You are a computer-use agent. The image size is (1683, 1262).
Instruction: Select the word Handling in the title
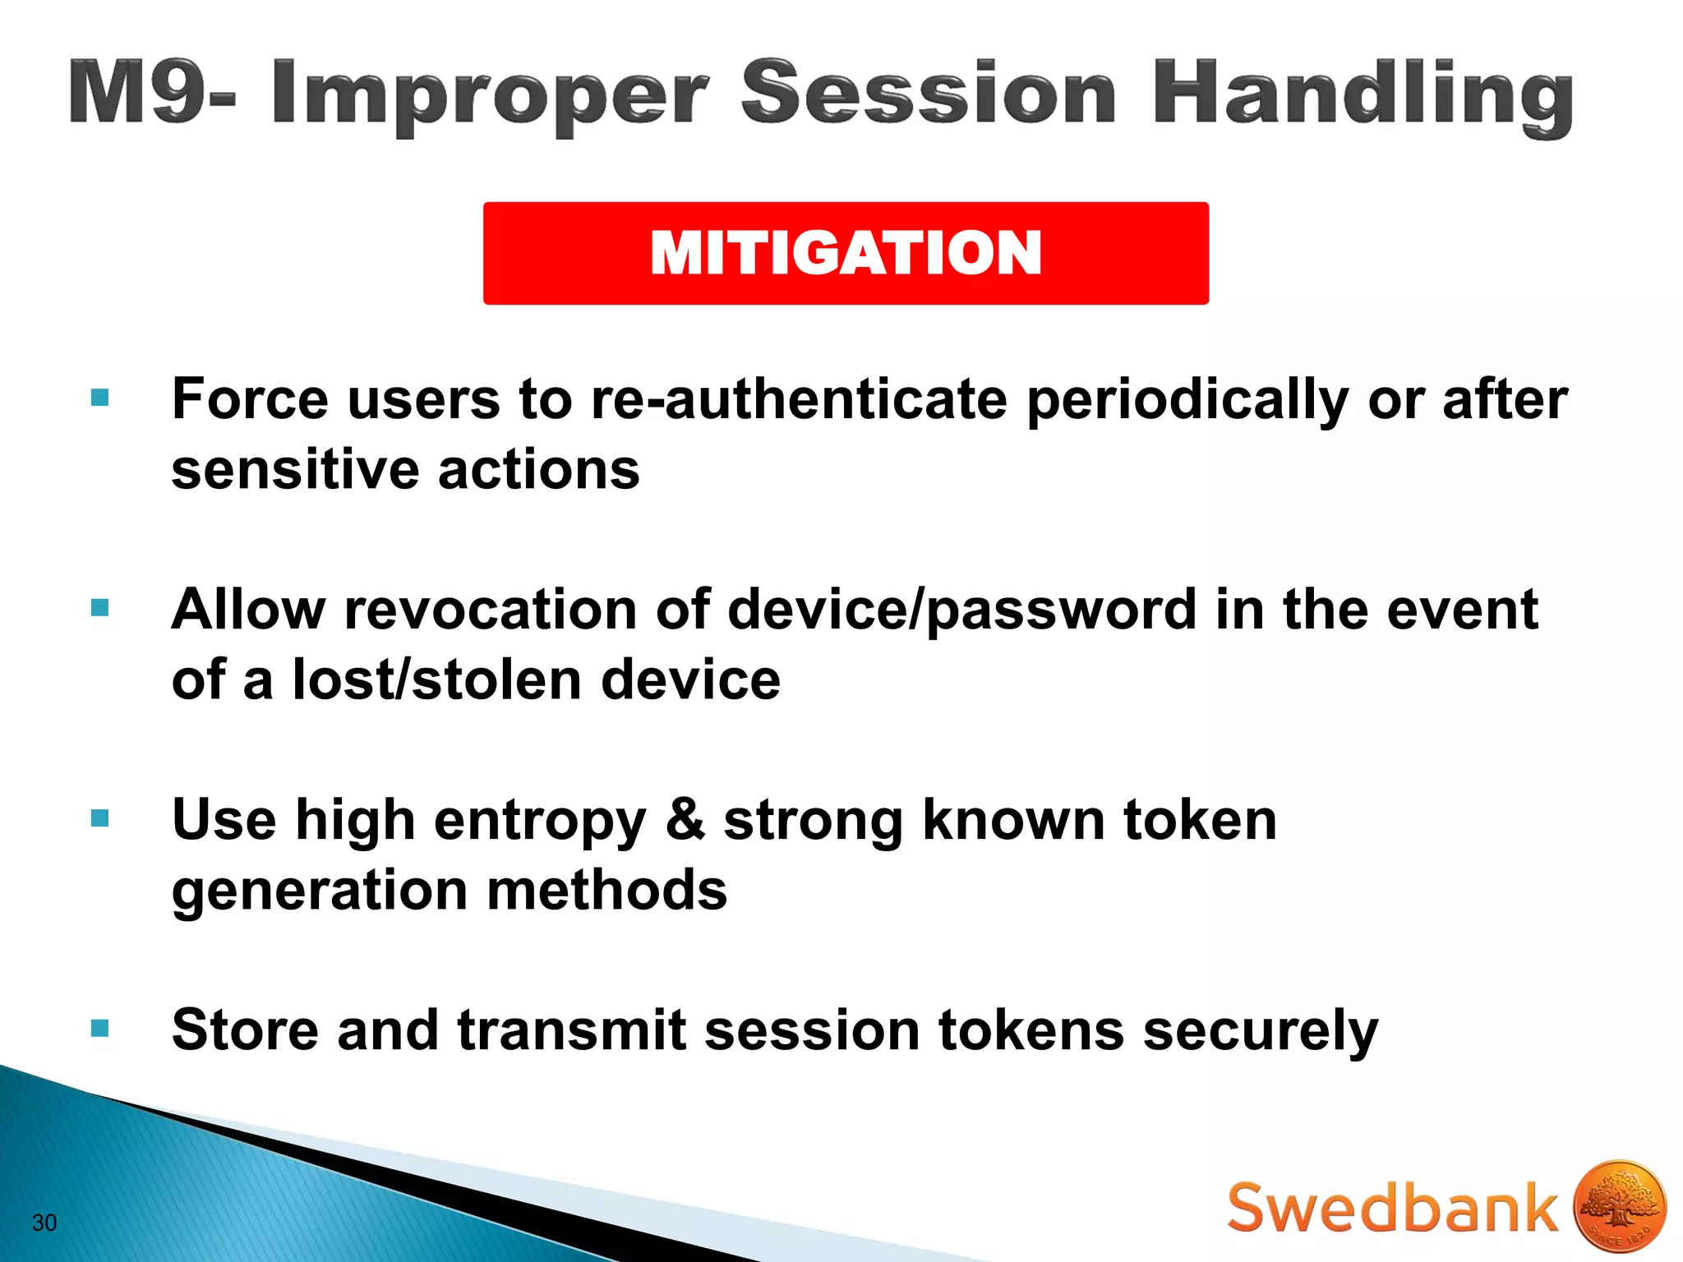1363,97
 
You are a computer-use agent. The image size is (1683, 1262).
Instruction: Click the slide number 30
44,1223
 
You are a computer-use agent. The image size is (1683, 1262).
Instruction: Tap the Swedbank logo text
1392,1209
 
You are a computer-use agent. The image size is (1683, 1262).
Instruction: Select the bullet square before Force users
100,398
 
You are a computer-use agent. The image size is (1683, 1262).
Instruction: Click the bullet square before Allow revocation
100,608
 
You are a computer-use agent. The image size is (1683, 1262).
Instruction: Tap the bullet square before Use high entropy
100,818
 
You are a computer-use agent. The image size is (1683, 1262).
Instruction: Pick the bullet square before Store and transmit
100,1029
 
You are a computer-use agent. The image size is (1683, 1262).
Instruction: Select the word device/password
961,611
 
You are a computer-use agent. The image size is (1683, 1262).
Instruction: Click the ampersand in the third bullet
685,820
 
